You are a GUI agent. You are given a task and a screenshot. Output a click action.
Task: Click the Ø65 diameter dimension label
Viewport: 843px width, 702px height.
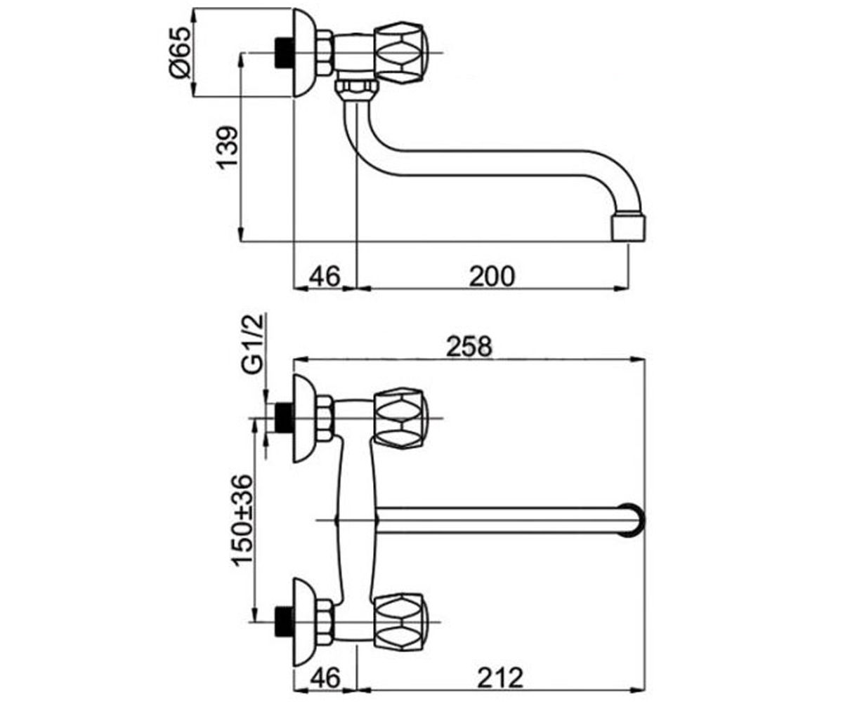coord(179,52)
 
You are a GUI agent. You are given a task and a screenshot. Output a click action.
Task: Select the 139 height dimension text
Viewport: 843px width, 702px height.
coord(227,147)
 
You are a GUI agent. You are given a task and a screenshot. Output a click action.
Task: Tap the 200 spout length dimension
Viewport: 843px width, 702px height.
coord(492,277)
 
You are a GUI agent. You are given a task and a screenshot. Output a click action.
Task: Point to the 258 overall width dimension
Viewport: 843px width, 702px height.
coord(469,347)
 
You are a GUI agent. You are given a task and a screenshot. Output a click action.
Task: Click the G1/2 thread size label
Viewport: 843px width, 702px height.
coord(253,344)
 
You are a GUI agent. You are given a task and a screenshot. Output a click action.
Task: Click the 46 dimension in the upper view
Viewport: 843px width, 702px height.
coord(325,277)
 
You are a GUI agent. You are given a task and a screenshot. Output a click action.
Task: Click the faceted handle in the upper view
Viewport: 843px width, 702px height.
coord(400,53)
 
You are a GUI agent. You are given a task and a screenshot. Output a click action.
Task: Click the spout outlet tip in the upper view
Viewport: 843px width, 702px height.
coord(629,227)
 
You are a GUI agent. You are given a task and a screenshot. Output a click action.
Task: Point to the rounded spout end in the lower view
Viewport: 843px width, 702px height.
coord(632,520)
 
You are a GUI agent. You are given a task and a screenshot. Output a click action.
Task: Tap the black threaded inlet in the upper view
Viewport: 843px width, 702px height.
coord(285,53)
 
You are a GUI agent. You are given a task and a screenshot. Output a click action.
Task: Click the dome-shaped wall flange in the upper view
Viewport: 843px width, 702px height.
coord(303,53)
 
